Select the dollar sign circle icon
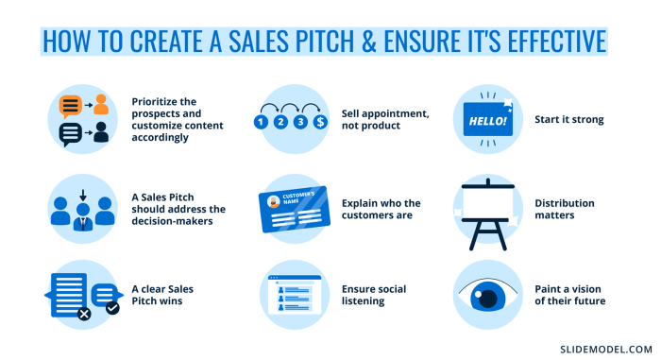tap(321, 122)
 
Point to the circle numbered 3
tap(300, 122)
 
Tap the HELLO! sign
tap(486, 121)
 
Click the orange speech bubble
tap(70, 105)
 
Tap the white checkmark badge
tap(112, 307)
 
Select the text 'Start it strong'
tap(568, 120)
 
